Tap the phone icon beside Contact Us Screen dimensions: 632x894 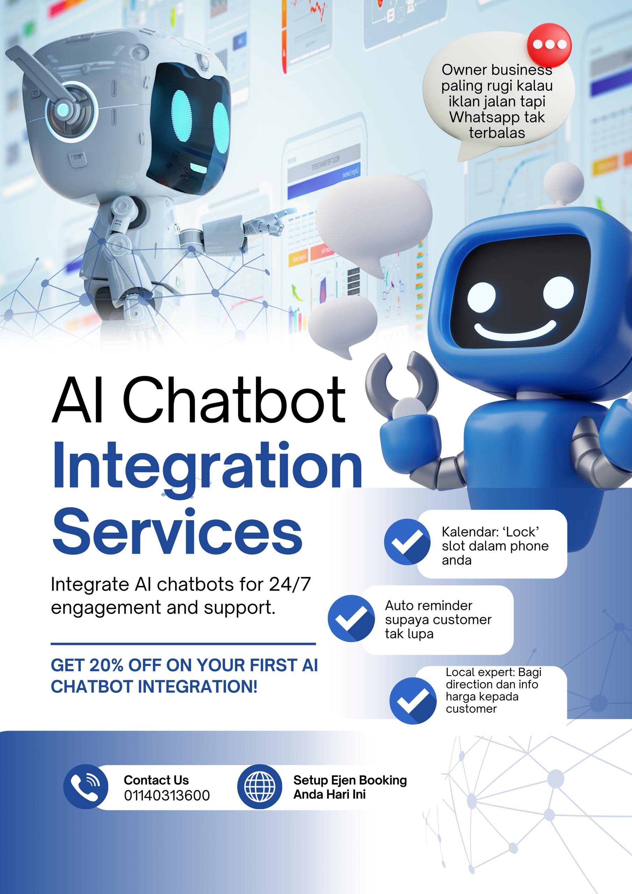(86, 787)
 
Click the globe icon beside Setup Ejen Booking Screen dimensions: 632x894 (259, 786)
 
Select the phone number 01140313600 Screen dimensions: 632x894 (167, 795)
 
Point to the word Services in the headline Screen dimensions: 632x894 (177, 532)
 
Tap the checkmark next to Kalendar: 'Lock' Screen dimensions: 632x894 (407, 542)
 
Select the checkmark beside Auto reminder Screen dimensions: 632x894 (351, 618)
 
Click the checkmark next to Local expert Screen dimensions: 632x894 (413, 701)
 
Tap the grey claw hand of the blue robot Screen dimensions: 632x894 (401, 386)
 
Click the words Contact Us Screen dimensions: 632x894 (156, 780)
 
